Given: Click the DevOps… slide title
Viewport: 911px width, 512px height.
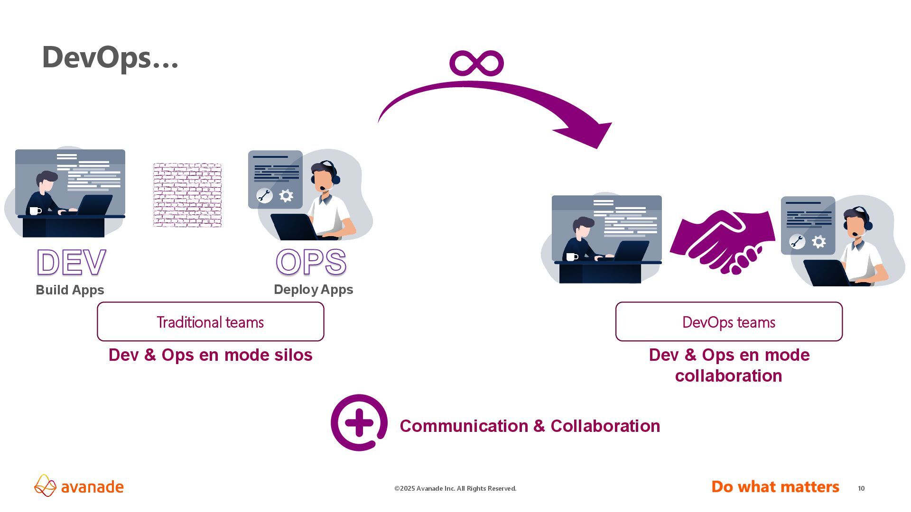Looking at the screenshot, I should [x=110, y=58].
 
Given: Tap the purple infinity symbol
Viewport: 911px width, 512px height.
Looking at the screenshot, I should [x=476, y=63].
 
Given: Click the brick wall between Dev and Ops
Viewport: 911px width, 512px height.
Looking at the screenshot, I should [x=187, y=195].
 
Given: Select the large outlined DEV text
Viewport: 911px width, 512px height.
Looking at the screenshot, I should [x=71, y=262].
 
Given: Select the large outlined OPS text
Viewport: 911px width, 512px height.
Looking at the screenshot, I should [x=311, y=262].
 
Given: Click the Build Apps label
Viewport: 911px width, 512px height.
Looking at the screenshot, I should [x=70, y=290].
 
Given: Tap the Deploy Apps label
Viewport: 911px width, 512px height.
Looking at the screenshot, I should [x=313, y=289].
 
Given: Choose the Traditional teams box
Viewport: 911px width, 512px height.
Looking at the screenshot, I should [x=210, y=322].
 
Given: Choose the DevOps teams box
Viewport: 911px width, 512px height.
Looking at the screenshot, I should [x=728, y=322].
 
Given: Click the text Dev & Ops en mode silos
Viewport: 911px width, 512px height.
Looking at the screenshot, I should [x=210, y=355].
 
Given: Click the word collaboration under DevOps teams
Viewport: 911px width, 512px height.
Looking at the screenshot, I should [x=728, y=376].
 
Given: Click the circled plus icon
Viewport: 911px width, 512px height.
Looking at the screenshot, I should [x=359, y=422].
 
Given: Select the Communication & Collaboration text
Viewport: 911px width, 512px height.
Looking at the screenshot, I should [x=530, y=426].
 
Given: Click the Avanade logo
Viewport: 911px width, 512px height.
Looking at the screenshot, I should [x=79, y=486].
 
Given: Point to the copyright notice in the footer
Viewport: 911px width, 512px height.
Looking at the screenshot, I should [x=455, y=488].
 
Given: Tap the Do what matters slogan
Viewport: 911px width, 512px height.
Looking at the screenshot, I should [x=775, y=487].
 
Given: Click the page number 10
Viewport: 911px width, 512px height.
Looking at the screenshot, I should [x=861, y=488].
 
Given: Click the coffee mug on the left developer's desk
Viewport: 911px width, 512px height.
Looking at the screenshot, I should [x=35, y=210].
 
